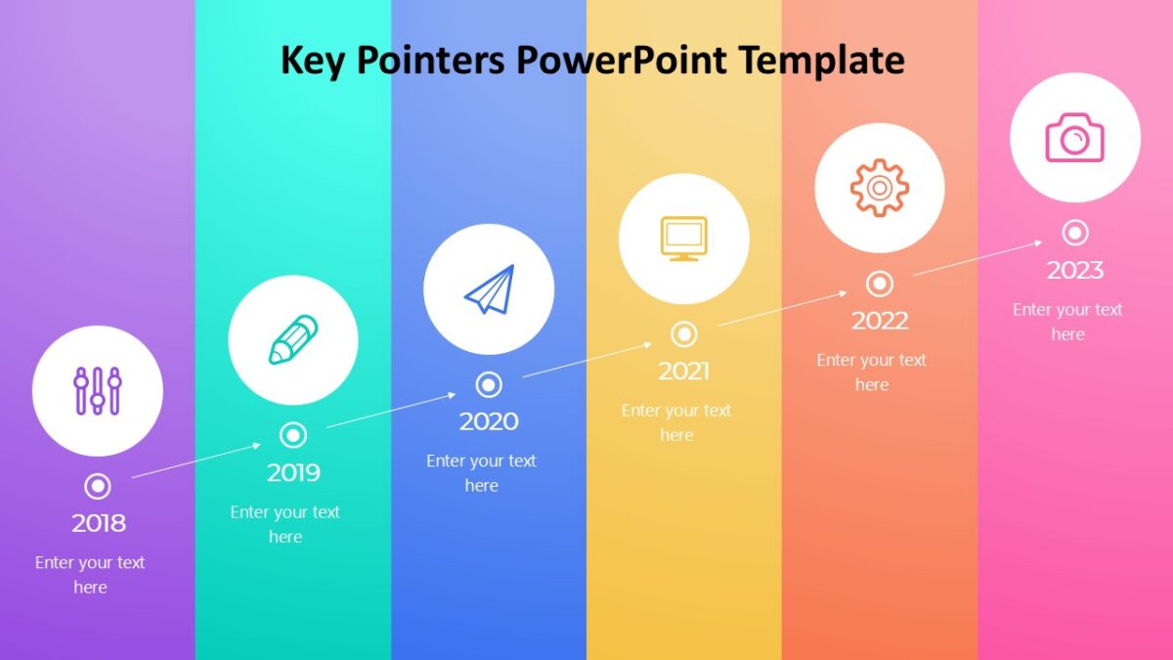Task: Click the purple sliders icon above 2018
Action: click(98, 391)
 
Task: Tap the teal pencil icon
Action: click(293, 340)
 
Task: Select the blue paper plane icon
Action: click(489, 289)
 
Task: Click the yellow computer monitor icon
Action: click(684, 239)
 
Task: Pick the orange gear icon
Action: click(880, 188)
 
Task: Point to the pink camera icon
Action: click(1075, 137)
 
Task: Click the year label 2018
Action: click(99, 523)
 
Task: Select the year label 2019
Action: click(293, 472)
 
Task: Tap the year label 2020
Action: click(489, 421)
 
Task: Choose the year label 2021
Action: click(684, 371)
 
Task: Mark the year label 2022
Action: click(880, 320)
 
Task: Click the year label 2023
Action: click(1075, 269)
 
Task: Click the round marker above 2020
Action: click(489, 384)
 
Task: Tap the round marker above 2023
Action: click(1075, 233)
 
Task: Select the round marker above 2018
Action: click(98, 486)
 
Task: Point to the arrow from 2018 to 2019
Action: click(195, 461)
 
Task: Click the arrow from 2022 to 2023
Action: click(977, 258)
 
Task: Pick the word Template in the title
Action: click(821, 61)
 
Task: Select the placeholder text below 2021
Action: click(676, 422)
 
